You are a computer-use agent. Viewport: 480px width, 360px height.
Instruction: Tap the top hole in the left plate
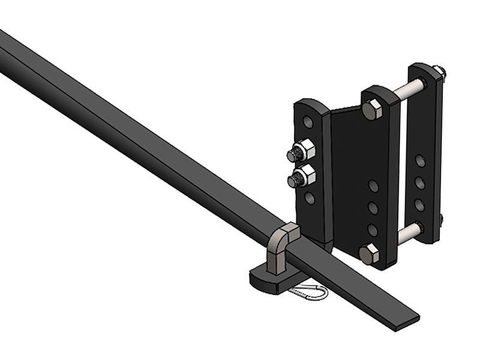(308, 122)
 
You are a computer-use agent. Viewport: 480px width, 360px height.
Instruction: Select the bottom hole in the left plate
(310, 197)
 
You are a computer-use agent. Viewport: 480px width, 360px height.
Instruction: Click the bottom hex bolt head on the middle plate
(370, 253)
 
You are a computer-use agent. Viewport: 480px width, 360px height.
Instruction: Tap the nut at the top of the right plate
(440, 73)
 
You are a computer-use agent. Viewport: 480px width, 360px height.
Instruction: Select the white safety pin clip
(308, 293)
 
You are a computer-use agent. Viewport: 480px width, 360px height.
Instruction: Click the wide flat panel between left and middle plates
(351, 174)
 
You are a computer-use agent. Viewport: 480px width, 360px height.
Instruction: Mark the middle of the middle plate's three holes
(373, 208)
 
